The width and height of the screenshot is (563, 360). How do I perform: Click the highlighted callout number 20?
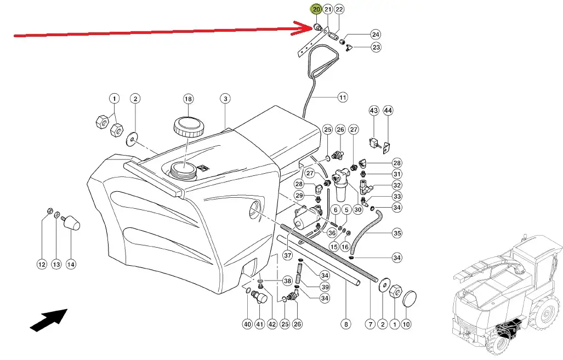click(316, 9)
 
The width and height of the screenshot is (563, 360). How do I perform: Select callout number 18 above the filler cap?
click(189, 99)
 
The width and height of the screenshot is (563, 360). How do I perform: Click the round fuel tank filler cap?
click(189, 126)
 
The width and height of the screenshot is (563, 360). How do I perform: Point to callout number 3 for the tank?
click(225, 98)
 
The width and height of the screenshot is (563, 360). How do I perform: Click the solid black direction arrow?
click(48, 320)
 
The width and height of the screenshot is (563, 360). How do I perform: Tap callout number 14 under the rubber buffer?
click(71, 265)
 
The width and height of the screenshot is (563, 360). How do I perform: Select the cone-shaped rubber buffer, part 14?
click(71, 222)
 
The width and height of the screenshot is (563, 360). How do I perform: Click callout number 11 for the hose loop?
click(343, 98)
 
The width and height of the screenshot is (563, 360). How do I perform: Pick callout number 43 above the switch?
click(374, 110)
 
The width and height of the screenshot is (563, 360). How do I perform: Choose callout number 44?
click(388, 110)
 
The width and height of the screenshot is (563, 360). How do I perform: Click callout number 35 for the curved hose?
click(397, 233)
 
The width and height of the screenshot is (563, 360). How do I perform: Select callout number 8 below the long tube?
click(346, 324)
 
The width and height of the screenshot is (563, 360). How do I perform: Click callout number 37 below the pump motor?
click(287, 255)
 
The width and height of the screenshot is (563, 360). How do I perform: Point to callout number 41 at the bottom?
click(259, 324)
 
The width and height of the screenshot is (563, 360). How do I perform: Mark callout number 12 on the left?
click(42, 265)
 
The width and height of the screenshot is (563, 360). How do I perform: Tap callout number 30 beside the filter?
click(357, 210)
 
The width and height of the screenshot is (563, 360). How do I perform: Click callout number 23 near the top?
click(376, 47)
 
